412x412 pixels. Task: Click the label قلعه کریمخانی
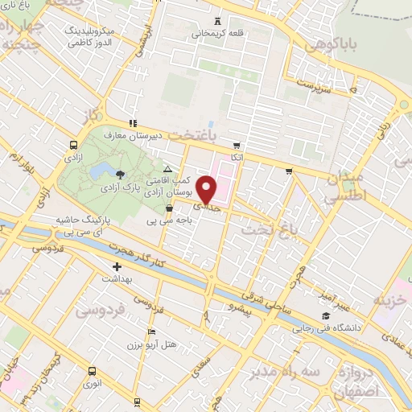click(x=217, y=34)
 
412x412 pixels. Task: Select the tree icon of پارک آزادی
click(x=120, y=173)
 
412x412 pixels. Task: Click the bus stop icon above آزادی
click(x=74, y=146)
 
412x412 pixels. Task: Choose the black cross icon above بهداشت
click(x=117, y=266)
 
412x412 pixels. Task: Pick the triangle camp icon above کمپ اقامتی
click(x=167, y=169)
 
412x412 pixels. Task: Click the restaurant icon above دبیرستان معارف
click(x=133, y=123)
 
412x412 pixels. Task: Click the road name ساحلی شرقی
click(x=269, y=294)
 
